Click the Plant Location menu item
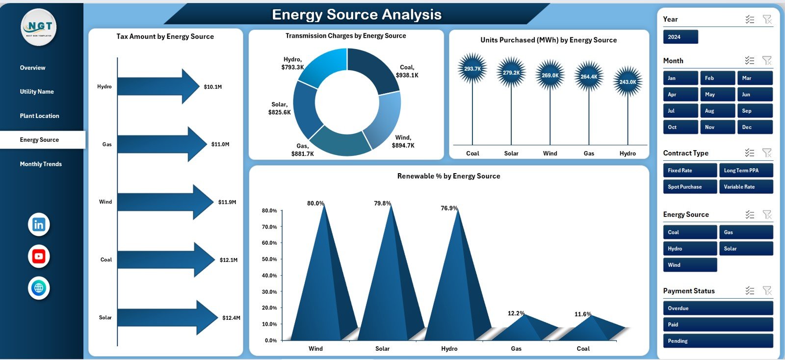pos(39,116)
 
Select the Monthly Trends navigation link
pos(41,164)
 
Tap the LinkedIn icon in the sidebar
pos(39,225)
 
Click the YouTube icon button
pos(39,256)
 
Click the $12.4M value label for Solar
pos(231,318)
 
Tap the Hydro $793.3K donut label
pos(292,63)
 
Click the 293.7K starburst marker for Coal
pos(472,69)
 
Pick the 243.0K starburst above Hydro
pos(628,82)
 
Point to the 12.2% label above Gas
pos(516,313)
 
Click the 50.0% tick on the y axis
pos(269,259)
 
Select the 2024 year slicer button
pos(680,37)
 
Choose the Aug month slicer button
pos(717,111)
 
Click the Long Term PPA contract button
pos(746,170)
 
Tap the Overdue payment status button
pos(717,308)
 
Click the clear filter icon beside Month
pos(767,60)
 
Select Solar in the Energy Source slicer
pos(746,249)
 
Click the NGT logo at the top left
pos(39,27)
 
